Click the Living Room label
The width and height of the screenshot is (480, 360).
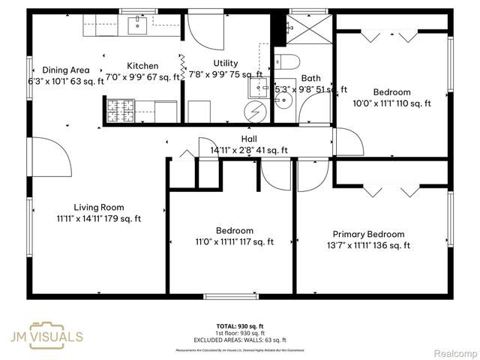pos(98,207)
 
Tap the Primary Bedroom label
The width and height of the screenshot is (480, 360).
pos(368,234)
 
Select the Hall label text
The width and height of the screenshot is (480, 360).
pos(249,139)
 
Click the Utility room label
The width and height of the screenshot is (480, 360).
pos(225,63)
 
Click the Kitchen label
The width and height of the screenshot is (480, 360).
pos(142,66)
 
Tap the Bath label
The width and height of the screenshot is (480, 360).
pos(310,78)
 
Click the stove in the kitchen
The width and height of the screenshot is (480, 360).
pos(118,111)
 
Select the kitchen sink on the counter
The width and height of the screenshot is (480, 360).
pos(138,26)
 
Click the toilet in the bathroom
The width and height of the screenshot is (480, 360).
pos(289,61)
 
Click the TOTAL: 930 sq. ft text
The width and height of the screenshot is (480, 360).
pos(239,326)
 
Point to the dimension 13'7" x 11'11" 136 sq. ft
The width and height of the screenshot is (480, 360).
pos(368,245)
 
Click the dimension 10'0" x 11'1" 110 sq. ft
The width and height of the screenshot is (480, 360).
pos(391,103)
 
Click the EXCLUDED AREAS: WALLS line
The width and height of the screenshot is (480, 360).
pos(239,340)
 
